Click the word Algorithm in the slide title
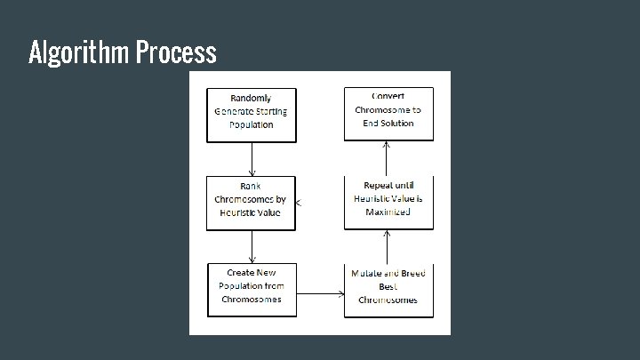pos(80,52)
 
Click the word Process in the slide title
pos(177,52)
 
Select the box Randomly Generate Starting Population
pos(252,114)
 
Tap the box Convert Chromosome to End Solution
pos(388,113)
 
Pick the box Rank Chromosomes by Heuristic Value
pos(251,203)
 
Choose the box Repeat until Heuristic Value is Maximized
pos(388,202)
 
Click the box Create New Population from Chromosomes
pos(252,289)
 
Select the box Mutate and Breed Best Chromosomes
pos(388,289)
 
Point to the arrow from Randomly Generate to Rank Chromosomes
pos(252,158)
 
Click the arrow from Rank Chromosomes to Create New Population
pos(252,246)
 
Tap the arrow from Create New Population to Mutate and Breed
pos(320,293)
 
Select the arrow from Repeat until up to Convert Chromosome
pos(387,158)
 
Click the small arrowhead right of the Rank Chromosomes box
pos(300,204)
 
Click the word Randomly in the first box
pos(251,98)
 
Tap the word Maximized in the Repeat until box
pos(388,213)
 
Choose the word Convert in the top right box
pos(388,96)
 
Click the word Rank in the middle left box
pos(251,187)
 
